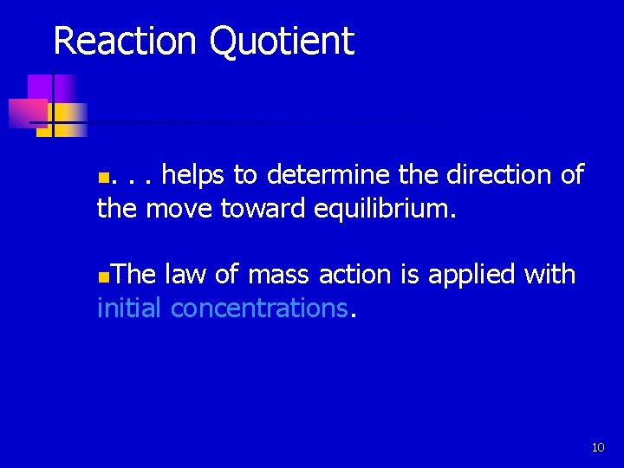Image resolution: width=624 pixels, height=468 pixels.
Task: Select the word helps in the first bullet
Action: click(x=195, y=175)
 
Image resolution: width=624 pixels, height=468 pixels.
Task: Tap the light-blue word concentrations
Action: click(x=259, y=308)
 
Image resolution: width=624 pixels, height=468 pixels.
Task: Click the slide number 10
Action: click(x=597, y=447)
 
